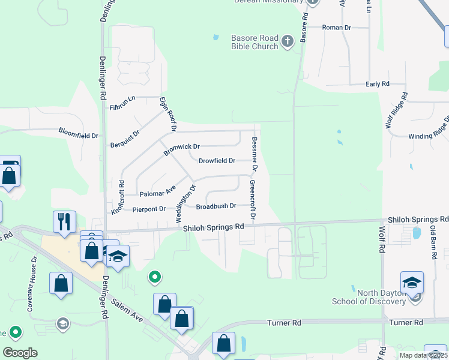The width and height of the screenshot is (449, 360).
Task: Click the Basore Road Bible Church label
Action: pos(255,42)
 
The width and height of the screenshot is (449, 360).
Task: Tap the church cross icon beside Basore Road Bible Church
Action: pos(288,41)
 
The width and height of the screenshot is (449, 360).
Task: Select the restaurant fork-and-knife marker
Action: pos(64,221)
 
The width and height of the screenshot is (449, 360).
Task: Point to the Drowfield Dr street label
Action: pos(217,160)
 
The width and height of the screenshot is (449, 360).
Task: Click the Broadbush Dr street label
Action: pos(216,206)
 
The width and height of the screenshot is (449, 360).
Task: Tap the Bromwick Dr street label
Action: pos(181,146)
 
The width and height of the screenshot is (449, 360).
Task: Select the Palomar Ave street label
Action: pos(157,193)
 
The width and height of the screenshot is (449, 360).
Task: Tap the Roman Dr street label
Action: pos(336,28)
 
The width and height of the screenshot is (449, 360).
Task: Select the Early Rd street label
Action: pos(378,84)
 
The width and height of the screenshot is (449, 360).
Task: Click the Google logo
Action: pos(20,352)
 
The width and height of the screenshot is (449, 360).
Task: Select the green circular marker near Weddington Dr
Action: pos(155,277)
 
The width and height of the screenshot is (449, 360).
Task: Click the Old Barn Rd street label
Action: pos(433,242)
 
